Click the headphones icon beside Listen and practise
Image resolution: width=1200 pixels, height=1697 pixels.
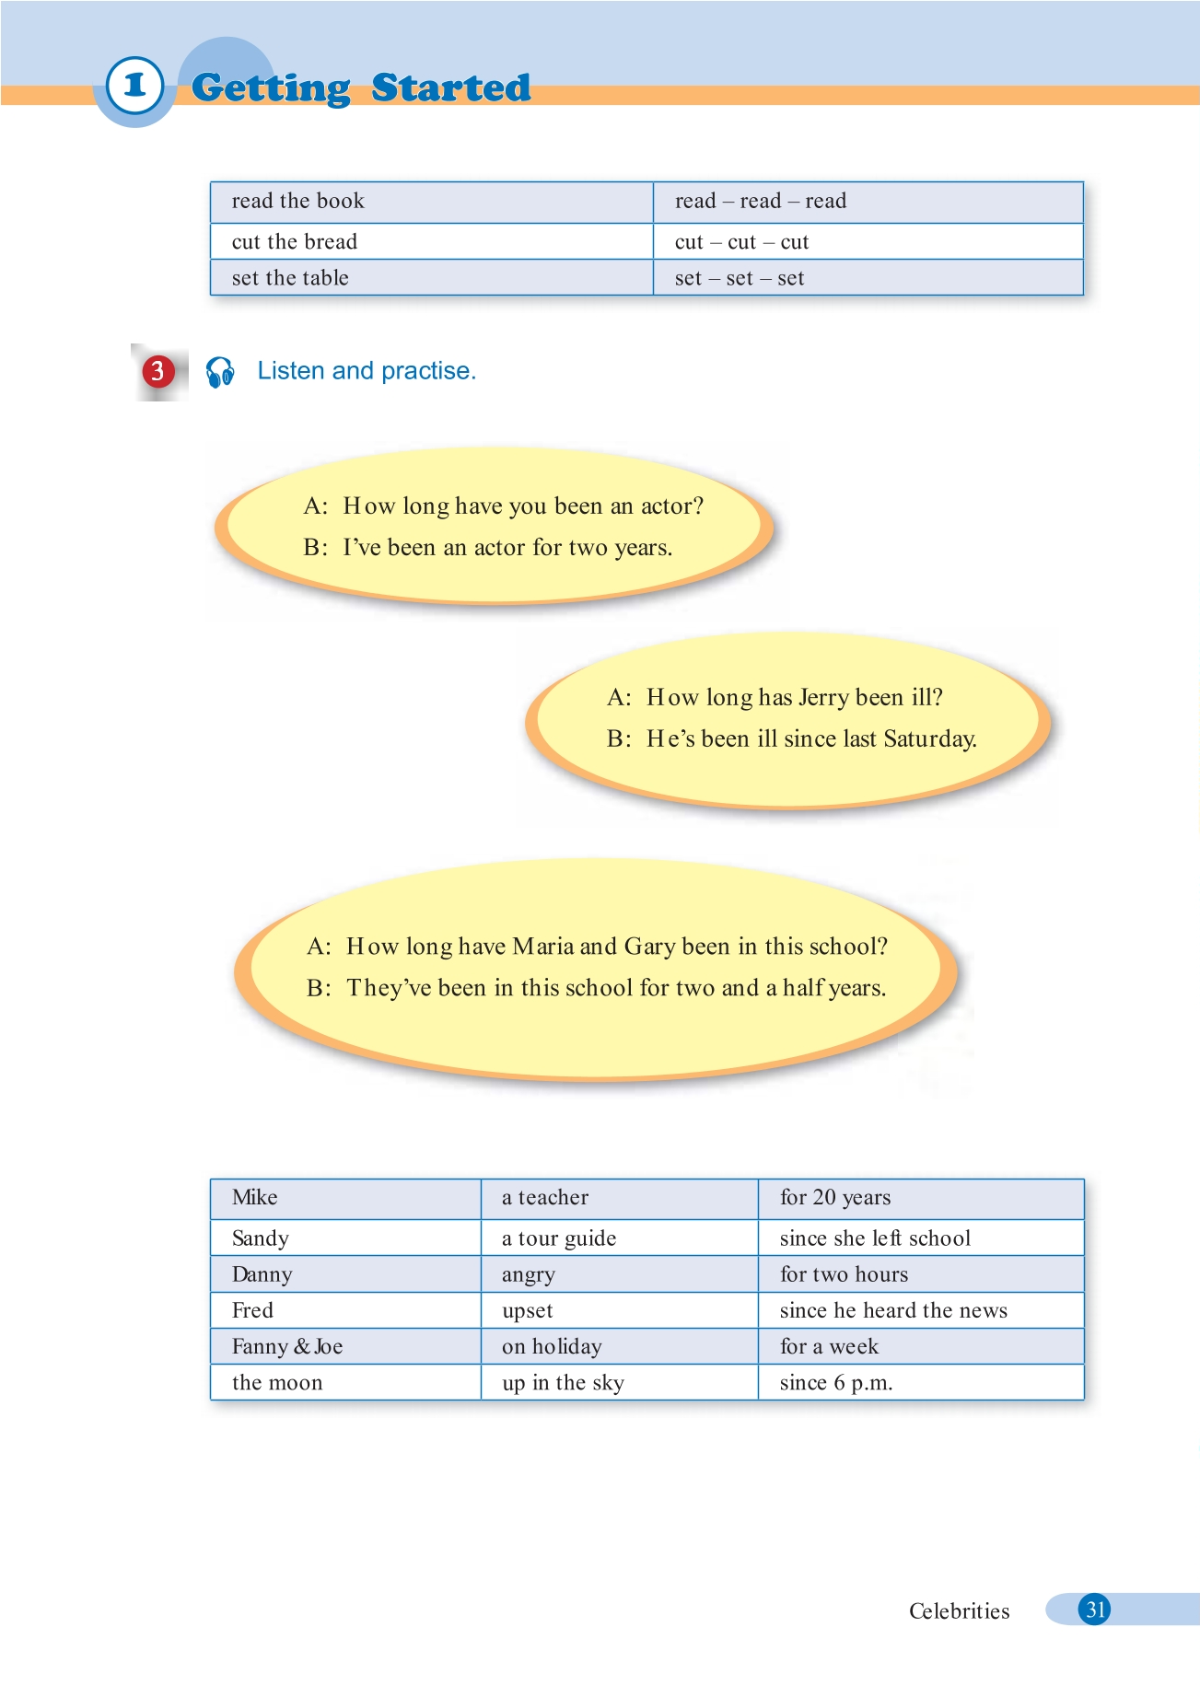tap(220, 372)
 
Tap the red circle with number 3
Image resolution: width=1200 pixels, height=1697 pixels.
tap(157, 371)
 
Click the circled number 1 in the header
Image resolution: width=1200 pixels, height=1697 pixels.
tap(134, 86)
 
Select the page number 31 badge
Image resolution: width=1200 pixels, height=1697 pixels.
tap(1094, 1610)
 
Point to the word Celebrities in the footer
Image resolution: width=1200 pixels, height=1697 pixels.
tap(959, 1610)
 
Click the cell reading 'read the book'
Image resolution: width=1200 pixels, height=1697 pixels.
tap(297, 201)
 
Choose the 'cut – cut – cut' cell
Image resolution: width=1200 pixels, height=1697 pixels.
tap(741, 242)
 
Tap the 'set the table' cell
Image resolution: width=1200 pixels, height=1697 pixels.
tap(290, 278)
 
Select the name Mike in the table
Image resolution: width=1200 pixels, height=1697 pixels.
tap(255, 1197)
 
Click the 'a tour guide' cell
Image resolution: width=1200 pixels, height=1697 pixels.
tap(559, 1238)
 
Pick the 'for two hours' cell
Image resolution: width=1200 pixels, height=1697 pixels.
tap(844, 1274)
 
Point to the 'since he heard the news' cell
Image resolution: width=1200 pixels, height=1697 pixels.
tap(893, 1310)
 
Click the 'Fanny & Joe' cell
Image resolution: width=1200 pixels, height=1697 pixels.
tap(287, 1346)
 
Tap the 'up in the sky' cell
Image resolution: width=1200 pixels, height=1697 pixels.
tap(563, 1383)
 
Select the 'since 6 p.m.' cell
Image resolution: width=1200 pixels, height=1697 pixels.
tap(836, 1383)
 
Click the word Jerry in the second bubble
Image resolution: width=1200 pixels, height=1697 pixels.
tap(824, 698)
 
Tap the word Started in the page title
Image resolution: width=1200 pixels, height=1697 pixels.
tap(451, 87)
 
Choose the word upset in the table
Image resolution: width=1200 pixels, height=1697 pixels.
tap(528, 1310)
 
